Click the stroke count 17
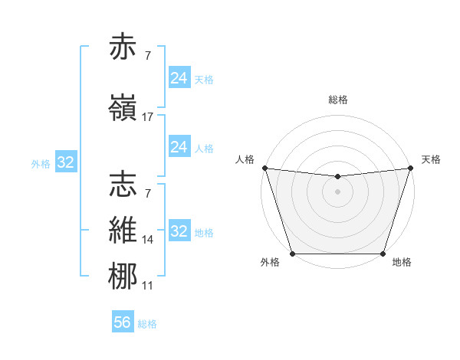(148, 117)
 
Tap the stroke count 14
(148, 240)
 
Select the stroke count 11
(148, 286)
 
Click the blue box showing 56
(123, 323)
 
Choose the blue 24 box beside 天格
(179, 78)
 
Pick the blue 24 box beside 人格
(179, 147)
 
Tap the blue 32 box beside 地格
(179, 231)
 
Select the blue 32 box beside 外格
(65, 162)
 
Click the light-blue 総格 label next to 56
(148, 324)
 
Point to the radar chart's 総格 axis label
(338, 100)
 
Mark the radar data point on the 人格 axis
(264, 168)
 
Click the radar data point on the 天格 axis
(411, 168)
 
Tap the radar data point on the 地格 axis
(383, 254)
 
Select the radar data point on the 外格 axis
(292, 254)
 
